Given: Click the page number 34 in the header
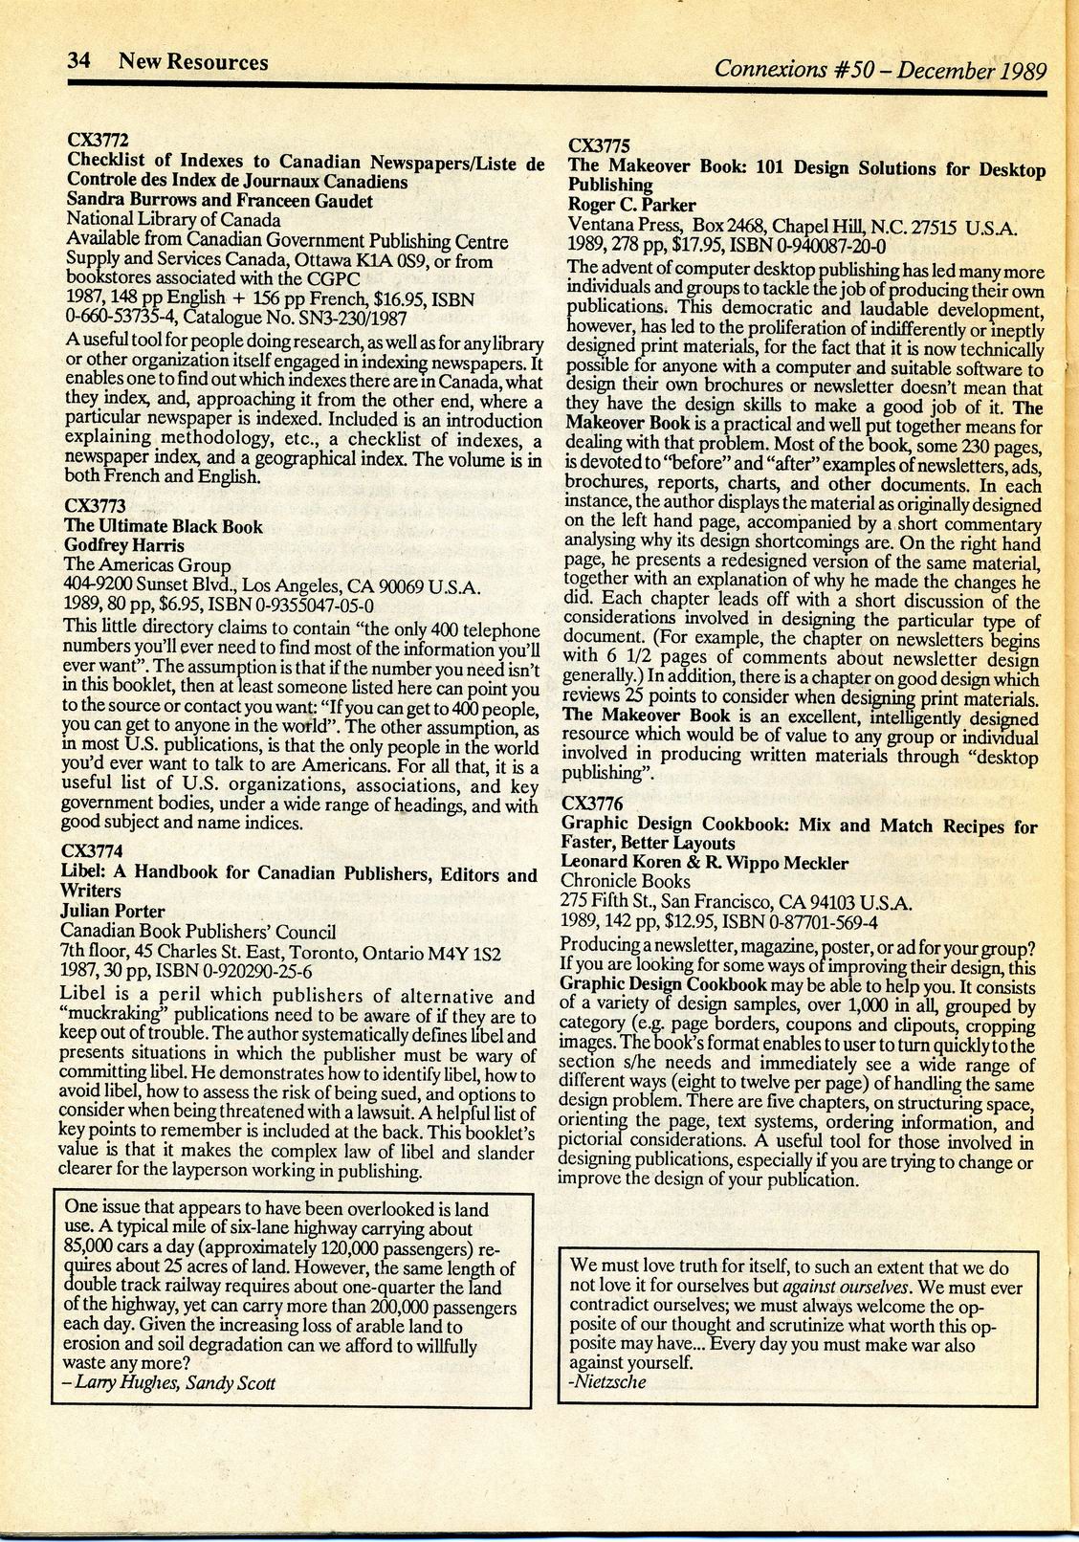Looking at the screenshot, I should coord(77,62).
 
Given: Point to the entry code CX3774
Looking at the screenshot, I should coord(93,851).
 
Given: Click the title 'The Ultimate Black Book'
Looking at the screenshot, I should coord(163,525).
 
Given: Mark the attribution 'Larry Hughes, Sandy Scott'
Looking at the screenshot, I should coord(168,1383).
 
